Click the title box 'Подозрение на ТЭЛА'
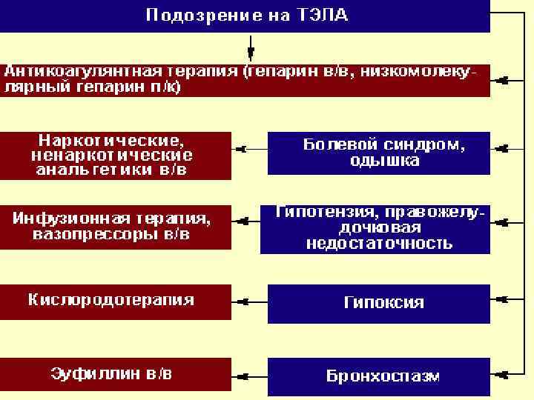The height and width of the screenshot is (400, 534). tap(245, 16)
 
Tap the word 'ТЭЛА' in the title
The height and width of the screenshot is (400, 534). tap(324, 16)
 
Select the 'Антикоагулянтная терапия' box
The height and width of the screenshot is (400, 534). tap(245, 79)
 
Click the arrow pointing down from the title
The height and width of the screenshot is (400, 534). tap(251, 50)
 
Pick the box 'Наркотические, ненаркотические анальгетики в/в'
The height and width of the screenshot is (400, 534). tap(115, 154)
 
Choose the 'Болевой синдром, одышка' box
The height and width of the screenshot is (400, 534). tap(378, 153)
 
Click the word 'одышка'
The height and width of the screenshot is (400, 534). tap(384, 161)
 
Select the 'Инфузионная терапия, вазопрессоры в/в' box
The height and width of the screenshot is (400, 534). tap(115, 227)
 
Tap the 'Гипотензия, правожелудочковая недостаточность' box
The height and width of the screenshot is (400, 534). tap(375, 229)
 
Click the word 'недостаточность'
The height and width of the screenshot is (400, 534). tap(379, 244)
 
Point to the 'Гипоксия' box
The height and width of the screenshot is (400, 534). tap(378, 304)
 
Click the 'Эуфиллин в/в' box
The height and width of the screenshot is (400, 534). tap(115, 374)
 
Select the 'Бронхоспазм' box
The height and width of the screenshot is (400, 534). tap(378, 376)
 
